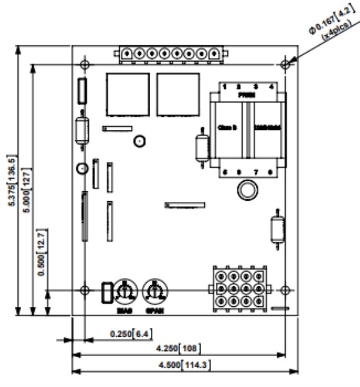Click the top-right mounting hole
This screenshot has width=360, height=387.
pyautogui.click(x=286, y=64)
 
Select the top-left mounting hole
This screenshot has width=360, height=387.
pyautogui.click(x=84, y=64)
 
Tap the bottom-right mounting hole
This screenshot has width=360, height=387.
pyautogui.click(x=286, y=289)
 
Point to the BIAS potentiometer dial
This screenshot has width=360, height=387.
pyautogui.click(x=125, y=289)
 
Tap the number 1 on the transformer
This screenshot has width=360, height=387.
pyautogui.click(x=225, y=86)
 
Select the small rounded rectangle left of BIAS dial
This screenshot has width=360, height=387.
pyautogui.click(x=106, y=291)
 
